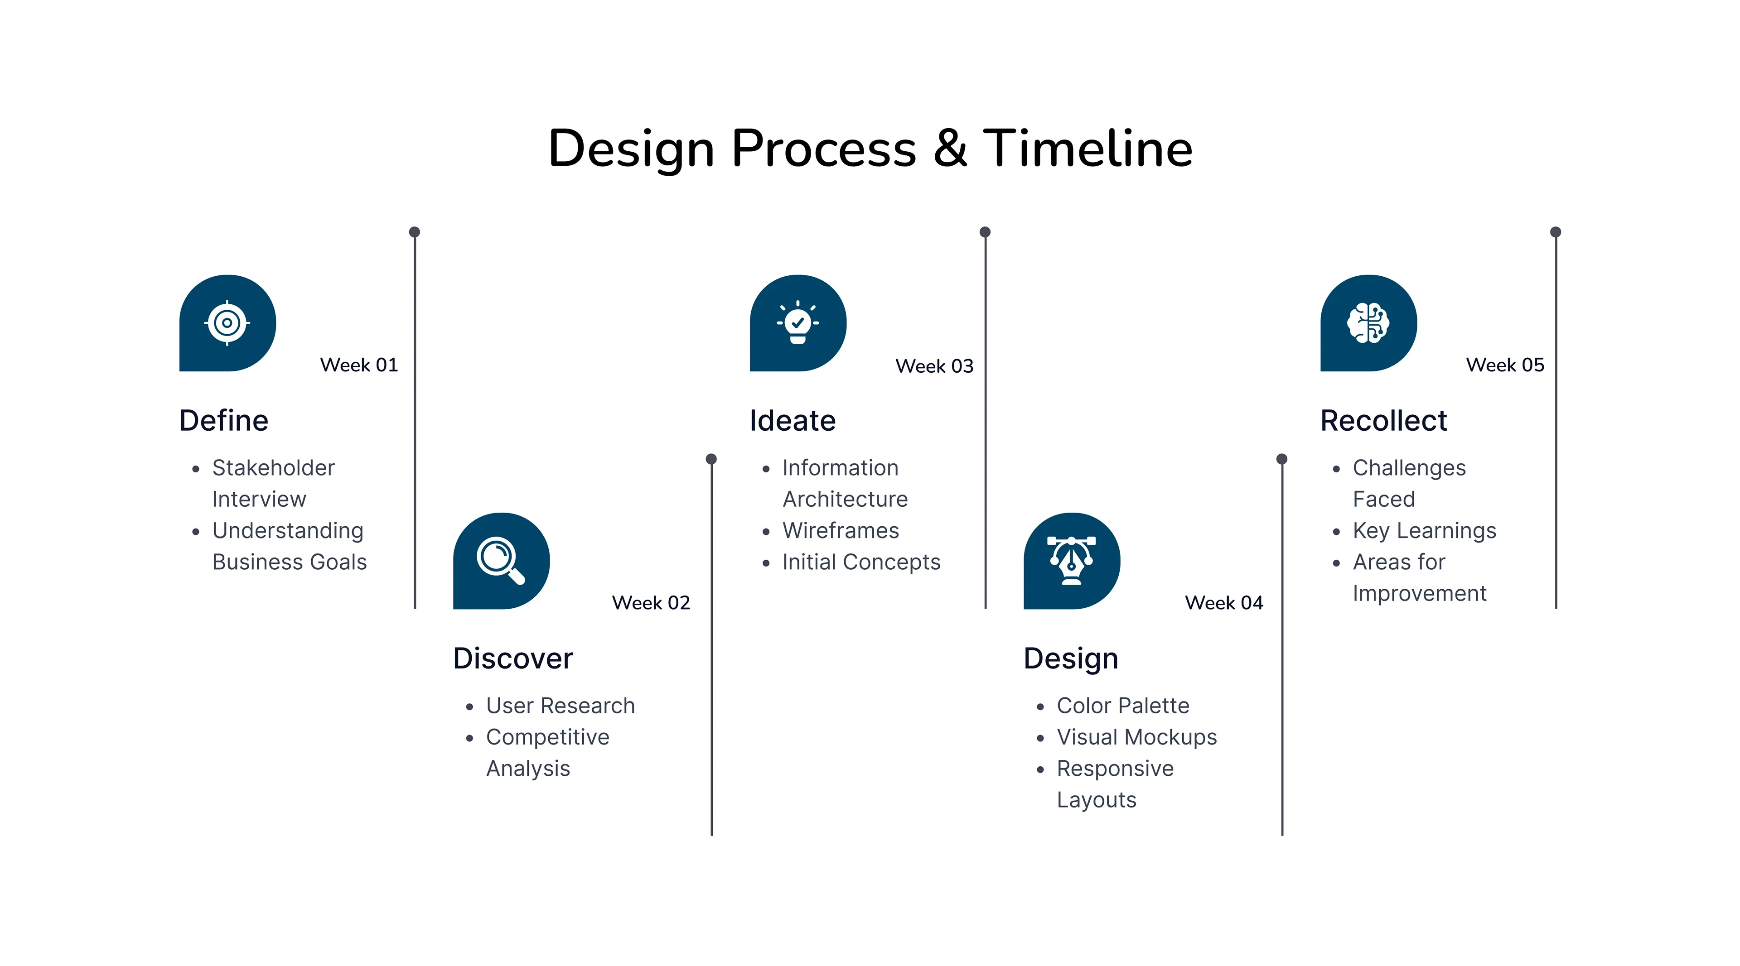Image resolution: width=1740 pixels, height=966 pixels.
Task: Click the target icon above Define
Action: pos(227,322)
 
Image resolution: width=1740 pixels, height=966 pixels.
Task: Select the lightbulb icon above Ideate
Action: pos(797,322)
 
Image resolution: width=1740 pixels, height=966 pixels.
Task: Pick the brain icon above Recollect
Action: pos(1368,322)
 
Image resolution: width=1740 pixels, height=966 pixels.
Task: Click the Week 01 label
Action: pos(359,365)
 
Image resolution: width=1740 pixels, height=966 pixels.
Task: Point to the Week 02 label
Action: pos(651,603)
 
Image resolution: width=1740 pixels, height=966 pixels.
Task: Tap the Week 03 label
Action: pos(934,366)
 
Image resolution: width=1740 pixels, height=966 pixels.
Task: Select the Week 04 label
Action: pos(1224,603)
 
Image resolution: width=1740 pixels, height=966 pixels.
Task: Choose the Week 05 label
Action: pos(1505,365)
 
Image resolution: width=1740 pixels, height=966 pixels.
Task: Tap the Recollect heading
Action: pos(1383,421)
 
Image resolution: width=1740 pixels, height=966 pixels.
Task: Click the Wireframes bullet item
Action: pos(840,531)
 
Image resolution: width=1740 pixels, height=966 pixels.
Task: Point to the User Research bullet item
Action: pos(561,706)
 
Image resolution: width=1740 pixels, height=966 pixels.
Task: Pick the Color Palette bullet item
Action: pos(1123,706)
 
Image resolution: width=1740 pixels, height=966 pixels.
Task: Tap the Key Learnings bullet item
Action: pos(1424,531)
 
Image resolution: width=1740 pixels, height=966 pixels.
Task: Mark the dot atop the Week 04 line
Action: pos(1281,459)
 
